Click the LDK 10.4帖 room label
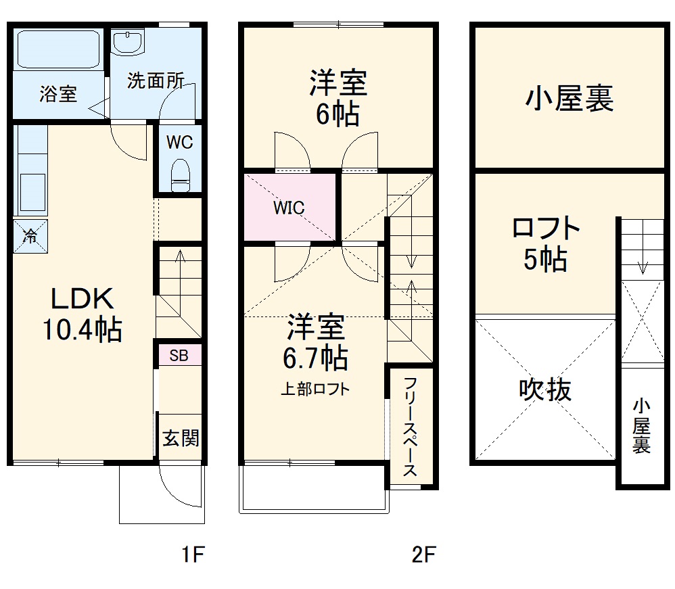click(82, 314)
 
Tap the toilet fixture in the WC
click(180, 175)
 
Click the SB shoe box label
click(179, 355)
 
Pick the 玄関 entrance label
click(181, 438)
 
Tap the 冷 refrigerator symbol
click(30, 236)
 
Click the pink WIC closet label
click(289, 208)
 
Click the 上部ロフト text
click(316, 389)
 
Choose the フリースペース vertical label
click(410, 427)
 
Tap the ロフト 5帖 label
click(546, 244)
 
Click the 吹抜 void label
click(545, 390)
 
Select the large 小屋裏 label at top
click(569, 99)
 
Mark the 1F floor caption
click(192, 556)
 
